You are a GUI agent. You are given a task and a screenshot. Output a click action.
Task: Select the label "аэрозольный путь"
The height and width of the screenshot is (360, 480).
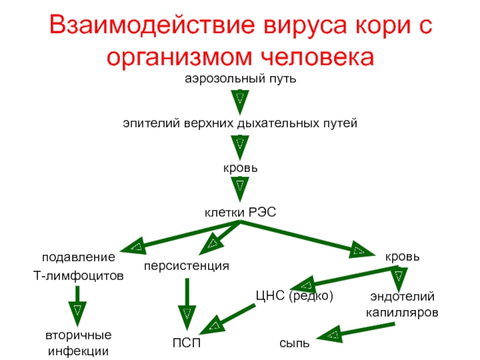[239, 79]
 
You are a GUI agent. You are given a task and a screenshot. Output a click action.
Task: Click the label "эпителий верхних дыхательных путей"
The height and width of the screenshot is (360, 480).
[240, 123]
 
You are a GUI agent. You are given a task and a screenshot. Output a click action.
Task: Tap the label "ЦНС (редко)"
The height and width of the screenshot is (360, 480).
[294, 296]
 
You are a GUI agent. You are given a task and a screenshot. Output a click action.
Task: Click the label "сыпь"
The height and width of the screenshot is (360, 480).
[295, 344]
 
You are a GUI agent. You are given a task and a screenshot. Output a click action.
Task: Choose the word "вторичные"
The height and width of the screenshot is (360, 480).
[79, 334]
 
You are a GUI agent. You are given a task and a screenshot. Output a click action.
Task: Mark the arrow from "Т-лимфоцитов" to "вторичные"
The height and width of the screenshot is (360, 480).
[77, 306]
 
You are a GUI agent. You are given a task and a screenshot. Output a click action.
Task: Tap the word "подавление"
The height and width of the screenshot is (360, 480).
[78, 257]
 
